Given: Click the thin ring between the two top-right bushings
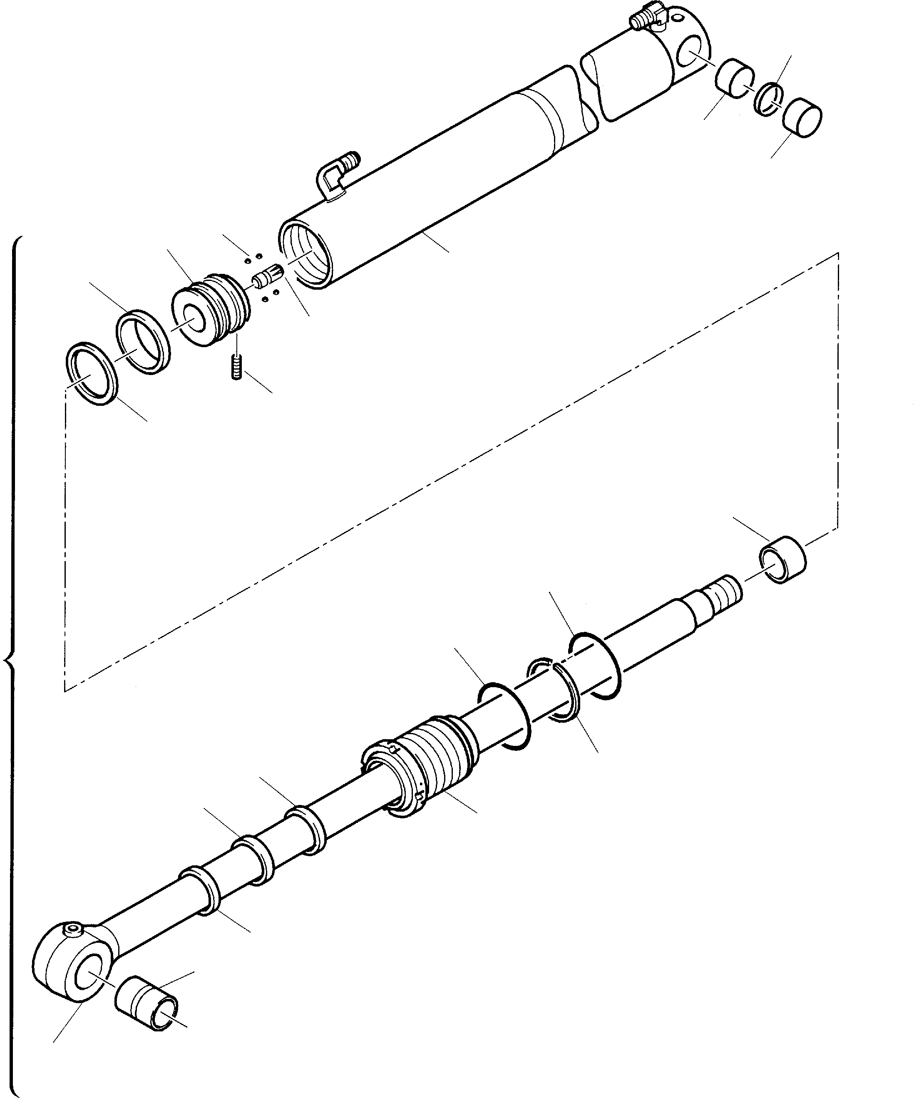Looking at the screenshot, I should (768, 99).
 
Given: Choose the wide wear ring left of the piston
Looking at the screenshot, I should (143, 341).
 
